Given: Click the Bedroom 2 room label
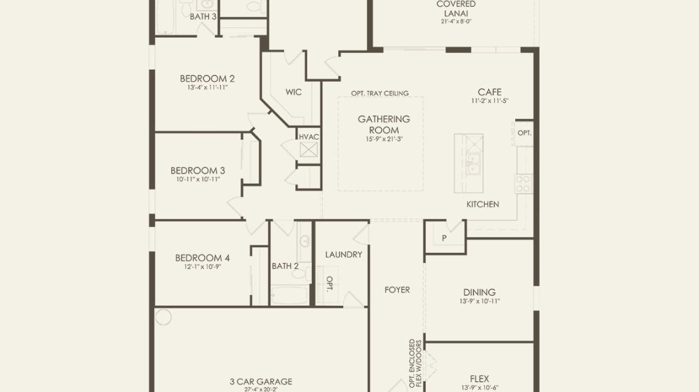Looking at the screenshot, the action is pos(207,79).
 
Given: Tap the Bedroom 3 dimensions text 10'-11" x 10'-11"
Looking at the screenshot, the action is pos(198,179).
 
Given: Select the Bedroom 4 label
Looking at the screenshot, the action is pos(202,257).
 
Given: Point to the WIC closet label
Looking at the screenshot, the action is pos(294,92).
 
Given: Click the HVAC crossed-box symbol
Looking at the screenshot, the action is pos(309,150).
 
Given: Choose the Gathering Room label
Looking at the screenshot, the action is pos(384,125).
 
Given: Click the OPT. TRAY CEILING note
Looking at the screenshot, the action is pos(380,93).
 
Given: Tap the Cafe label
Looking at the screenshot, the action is pos(489,92).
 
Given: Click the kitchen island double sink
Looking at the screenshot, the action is pos(472,164).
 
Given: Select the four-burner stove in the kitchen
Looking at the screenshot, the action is pos(524,184).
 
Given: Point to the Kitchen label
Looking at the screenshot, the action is pos(483,204).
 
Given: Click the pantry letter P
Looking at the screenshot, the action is pos(444,238).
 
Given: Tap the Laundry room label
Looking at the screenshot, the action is pos(344,254).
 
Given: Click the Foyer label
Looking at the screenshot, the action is pos(397,289).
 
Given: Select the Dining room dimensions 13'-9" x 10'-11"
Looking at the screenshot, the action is pos(480,301).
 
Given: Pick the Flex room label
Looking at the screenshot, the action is pos(480,379).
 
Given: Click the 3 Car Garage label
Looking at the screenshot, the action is pos(261,381).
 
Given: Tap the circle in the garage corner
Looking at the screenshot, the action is pos(163,316).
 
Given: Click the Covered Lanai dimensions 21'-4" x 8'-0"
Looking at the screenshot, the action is pos(456,21).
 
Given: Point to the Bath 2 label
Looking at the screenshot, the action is pos(285,266).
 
